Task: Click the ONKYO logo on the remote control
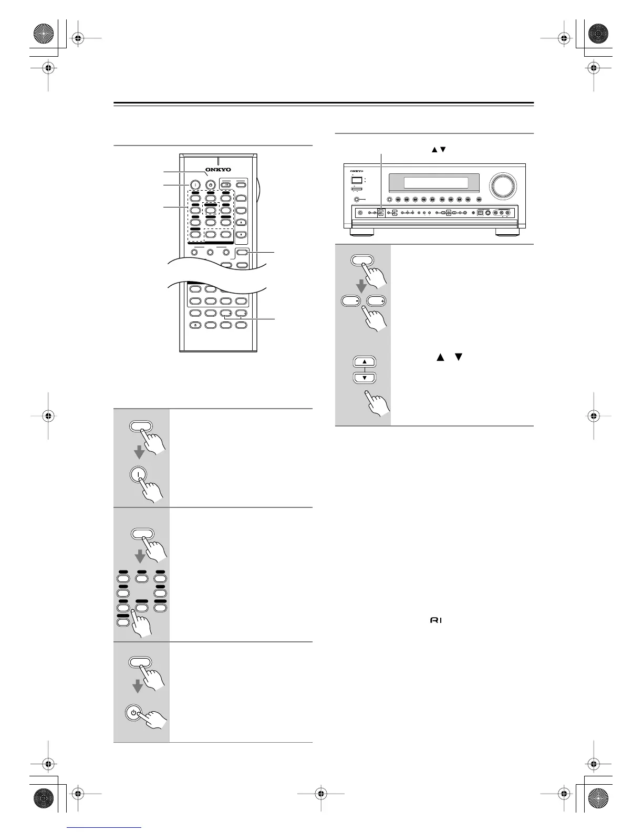(218, 170)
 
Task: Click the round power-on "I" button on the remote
(195, 184)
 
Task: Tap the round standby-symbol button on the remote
(211, 184)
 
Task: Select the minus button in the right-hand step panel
(349, 301)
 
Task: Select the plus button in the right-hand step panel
(376, 301)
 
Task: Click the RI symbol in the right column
(436, 620)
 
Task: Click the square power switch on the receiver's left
(357, 179)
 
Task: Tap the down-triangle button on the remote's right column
(242, 234)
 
